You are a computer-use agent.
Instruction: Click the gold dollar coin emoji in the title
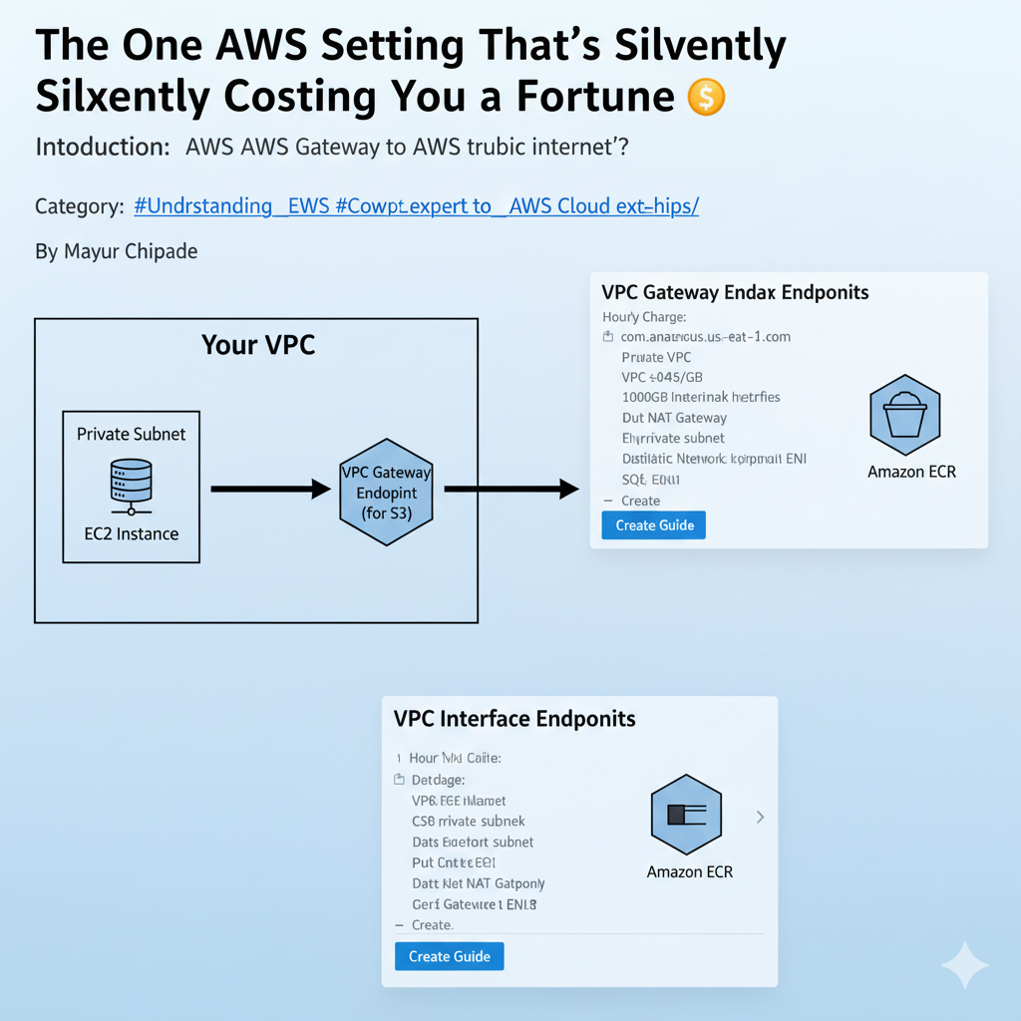click(706, 97)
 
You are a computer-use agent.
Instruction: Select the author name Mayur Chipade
click(116, 251)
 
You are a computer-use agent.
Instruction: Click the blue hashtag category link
click(416, 206)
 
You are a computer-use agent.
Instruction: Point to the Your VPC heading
click(258, 345)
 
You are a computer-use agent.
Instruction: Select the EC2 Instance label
click(132, 533)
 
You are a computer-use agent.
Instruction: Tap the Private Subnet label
click(132, 435)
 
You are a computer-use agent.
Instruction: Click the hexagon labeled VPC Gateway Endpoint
click(386, 493)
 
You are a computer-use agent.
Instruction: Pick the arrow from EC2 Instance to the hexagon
click(270, 489)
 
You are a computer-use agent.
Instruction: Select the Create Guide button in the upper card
click(654, 524)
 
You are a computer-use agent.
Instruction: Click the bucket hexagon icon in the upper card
click(905, 412)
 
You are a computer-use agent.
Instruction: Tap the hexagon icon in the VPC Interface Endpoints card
click(686, 816)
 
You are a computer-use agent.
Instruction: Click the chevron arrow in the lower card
click(760, 817)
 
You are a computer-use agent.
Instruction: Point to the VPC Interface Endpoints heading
click(514, 719)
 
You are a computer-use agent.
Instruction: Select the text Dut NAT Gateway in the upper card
click(674, 418)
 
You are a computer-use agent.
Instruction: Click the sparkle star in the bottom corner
click(964, 964)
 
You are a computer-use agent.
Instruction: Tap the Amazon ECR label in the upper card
click(911, 472)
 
